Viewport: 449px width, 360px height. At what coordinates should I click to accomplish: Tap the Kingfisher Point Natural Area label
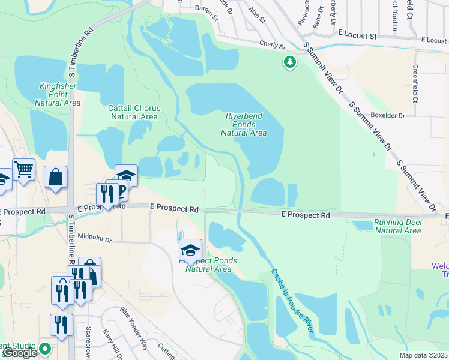(59, 94)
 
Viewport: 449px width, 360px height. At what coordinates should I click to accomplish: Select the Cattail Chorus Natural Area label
(134, 112)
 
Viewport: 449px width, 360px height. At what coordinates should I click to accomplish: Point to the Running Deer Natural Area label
(397, 226)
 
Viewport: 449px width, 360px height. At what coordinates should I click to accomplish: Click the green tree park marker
(290, 62)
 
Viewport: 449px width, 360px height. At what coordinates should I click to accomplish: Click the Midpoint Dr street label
(95, 239)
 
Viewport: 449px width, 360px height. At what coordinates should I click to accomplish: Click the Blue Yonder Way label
(133, 327)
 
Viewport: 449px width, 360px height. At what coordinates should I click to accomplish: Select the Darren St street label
(206, 10)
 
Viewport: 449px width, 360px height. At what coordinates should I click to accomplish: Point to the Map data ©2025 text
(424, 355)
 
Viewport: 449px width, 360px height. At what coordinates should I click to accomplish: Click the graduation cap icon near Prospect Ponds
(190, 250)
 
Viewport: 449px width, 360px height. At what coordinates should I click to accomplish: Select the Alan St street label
(256, 11)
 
